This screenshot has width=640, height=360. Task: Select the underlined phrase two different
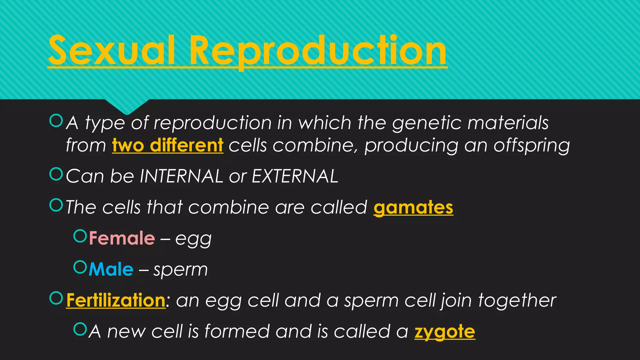[167, 146]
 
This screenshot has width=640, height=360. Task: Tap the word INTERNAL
[181, 176]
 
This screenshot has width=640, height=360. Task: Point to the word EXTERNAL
[295, 176]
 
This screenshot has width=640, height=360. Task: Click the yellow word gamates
[413, 207]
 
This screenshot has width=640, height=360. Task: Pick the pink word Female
[122, 238]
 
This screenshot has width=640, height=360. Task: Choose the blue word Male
[111, 269]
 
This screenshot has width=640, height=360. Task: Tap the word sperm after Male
[181, 270]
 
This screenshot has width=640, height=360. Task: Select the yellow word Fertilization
[116, 301]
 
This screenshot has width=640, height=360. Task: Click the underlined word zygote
[444, 332]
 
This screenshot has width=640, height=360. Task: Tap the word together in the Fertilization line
[517, 301]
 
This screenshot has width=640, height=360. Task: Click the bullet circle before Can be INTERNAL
[56, 174]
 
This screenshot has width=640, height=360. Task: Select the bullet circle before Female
[80, 236]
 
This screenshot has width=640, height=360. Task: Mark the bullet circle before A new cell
[80, 329]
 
